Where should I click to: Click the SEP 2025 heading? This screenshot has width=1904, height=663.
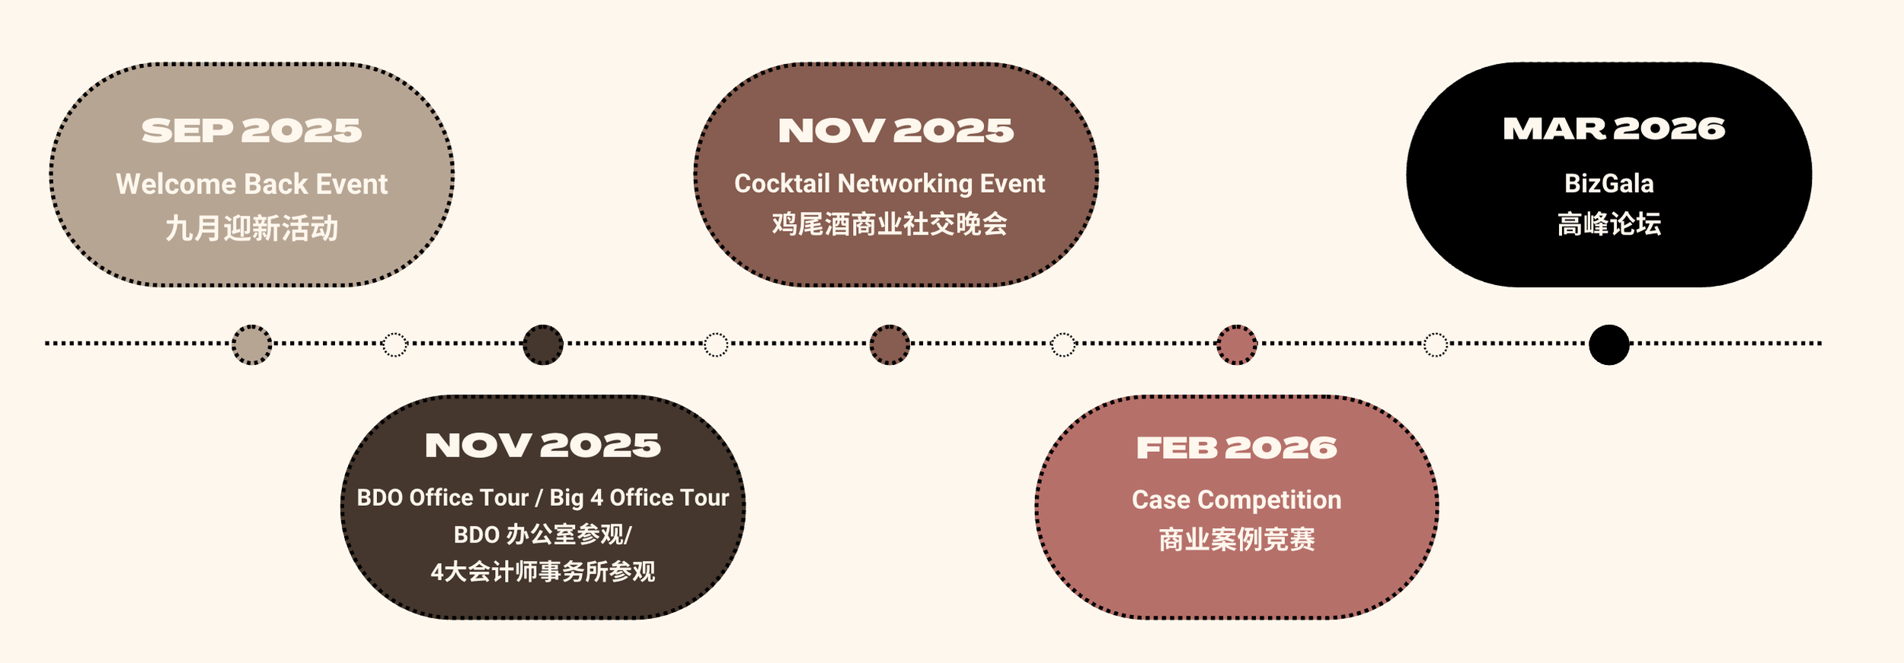(251, 131)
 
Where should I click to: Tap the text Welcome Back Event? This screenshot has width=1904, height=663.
(251, 184)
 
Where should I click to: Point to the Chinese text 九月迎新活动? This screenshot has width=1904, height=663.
(251, 228)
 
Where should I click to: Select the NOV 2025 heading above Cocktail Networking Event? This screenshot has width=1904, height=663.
(896, 131)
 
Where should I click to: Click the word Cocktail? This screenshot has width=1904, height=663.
(782, 184)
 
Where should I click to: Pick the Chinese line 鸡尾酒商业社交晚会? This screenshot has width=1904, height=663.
(890, 224)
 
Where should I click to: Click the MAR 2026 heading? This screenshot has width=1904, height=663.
(1614, 130)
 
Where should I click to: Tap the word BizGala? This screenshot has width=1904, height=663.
(1608, 184)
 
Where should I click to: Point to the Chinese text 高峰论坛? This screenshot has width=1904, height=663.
(1608, 224)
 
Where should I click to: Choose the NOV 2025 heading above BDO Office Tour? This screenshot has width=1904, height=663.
(543, 446)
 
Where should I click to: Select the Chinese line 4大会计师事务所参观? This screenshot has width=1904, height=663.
(543, 571)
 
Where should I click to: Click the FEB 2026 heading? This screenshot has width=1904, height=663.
(1236, 448)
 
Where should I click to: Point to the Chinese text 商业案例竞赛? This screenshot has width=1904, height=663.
(1236, 540)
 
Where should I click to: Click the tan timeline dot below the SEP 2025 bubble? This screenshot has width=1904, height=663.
(251, 344)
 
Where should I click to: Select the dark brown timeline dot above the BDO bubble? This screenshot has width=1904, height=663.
(543, 344)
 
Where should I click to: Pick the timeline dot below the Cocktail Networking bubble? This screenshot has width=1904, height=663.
(890, 344)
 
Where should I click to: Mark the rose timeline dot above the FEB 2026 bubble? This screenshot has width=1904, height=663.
(1236, 344)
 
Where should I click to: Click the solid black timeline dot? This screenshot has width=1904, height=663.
(1608, 344)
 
